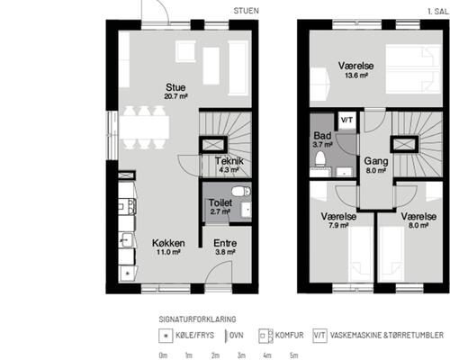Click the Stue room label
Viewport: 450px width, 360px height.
[175, 87]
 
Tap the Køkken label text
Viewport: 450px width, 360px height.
[168, 243]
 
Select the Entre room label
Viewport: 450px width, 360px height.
[225, 243]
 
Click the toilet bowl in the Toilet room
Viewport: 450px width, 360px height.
[241, 191]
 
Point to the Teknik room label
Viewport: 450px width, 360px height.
[229, 161]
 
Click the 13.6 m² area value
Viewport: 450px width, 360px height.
[356, 75]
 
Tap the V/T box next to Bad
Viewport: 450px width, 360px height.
[346, 120]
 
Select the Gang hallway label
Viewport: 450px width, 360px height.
[376, 161]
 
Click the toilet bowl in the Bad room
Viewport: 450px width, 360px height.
[320, 158]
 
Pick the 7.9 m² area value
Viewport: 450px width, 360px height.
[338, 225]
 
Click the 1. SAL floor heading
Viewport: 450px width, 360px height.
[438, 12]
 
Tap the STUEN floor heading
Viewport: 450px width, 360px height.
[247, 11]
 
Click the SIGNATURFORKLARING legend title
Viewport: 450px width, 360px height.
[197, 319]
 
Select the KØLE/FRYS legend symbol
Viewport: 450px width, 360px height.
[166, 336]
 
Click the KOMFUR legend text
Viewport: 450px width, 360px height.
[290, 335]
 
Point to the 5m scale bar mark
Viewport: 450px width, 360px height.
[294, 355]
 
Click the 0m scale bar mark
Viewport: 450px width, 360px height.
[163, 355]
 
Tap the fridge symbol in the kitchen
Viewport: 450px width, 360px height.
[128, 274]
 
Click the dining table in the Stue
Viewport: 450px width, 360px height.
[144, 127]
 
